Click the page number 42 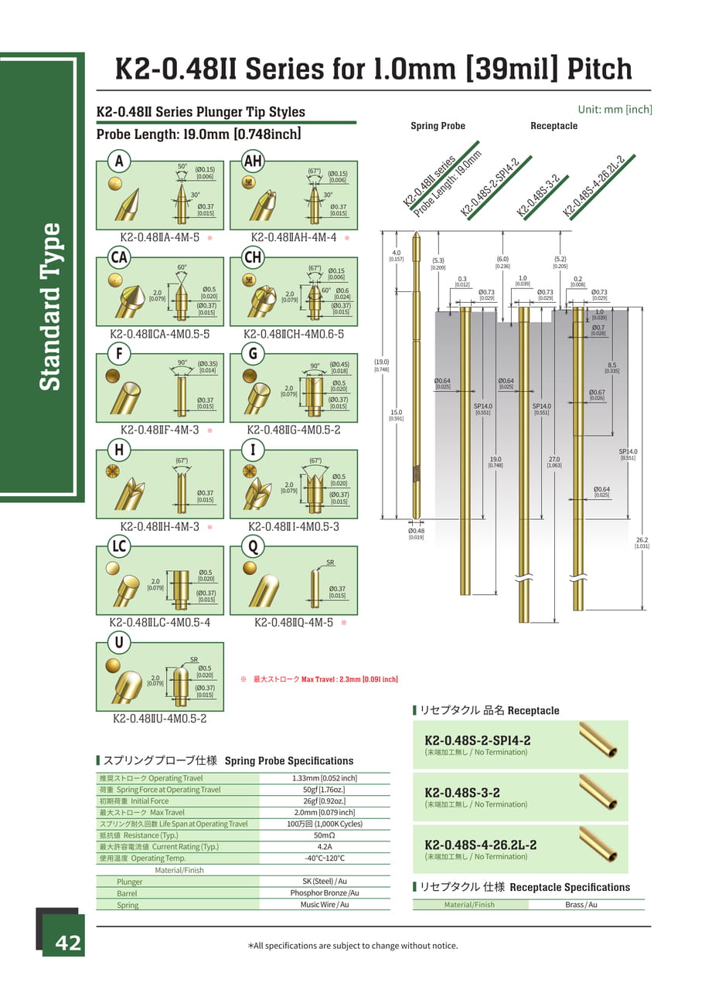[x=67, y=943]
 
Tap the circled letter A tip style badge [x=118, y=161]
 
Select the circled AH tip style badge [x=253, y=161]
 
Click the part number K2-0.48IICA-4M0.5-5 [x=160, y=334]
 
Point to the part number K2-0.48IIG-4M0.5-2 [x=294, y=430]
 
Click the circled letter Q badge [x=252, y=546]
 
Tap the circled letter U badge [x=118, y=642]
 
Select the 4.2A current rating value [x=324, y=847]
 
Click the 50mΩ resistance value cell [x=324, y=835]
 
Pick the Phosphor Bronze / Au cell [x=324, y=892]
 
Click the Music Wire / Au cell [x=324, y=904]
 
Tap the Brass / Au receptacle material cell [x=581, y=904]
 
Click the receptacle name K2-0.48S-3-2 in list [x=462, y=793]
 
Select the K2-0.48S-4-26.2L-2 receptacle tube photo [x=598, y=845]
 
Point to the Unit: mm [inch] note [x=615, y=110]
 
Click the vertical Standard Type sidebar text [x=50, y=307]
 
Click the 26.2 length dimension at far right [x=642, y=542]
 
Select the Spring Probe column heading [x=438, y=126]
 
